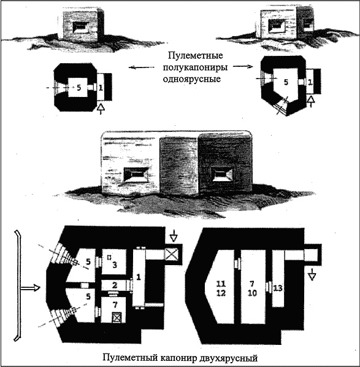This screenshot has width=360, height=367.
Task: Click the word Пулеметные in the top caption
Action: click(195, 56)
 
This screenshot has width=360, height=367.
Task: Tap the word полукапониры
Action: click(195, 68)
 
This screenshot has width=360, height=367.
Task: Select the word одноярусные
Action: click(192, 79)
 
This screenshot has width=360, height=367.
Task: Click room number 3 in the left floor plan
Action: click(115, 265)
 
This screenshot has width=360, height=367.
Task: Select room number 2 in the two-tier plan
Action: click(115, 285)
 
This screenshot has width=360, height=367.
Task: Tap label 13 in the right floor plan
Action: click(278, 288)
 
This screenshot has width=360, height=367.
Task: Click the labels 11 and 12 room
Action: click(221, 288)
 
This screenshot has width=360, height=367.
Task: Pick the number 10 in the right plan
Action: click(252, 293)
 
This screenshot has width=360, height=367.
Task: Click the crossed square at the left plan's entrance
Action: click(172, 254)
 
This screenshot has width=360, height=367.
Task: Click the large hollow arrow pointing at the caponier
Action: click(30, 287)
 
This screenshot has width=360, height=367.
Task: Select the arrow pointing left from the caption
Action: click(141, 68)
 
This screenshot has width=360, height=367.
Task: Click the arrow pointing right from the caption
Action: click(243, 66)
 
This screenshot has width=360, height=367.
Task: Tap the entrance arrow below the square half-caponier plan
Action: click(101, 109)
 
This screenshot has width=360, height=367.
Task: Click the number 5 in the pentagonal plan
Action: click(286, 82)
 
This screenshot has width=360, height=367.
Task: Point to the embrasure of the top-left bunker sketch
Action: click(81, 28)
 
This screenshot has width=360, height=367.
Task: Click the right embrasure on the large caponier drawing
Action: click(221, 175)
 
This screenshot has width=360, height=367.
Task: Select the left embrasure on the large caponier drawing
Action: click(136, 175)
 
